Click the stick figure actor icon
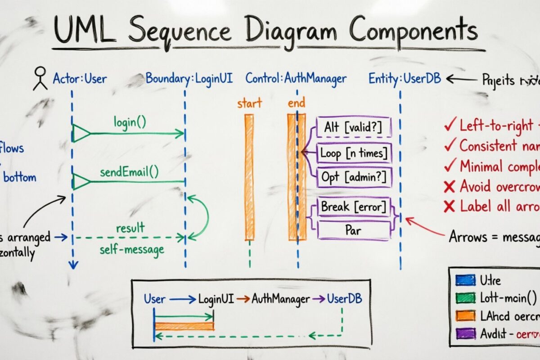[40, 78]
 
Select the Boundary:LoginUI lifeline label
[189, 78]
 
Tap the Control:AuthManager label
[296, 78]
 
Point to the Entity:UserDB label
[405, 78]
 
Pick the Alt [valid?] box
[354, 127]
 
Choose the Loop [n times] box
[354, 153]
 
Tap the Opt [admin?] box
[354, 177]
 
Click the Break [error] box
[354, 207]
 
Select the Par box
[354, 230]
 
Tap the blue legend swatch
[465, 280]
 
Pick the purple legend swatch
[465, 333]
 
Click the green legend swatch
[465, 297]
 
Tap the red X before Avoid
[449, 186]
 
